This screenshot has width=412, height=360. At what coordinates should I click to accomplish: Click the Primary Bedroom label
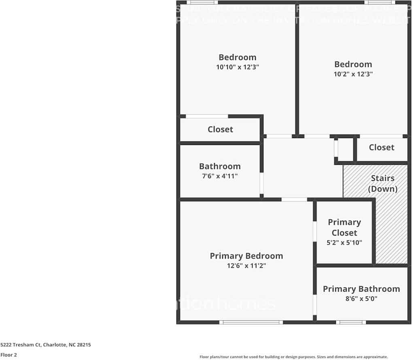pos(246,256)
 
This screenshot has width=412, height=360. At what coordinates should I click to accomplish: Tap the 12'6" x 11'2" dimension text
pos(246,266)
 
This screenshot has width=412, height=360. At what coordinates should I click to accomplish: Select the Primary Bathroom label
pos(361,289)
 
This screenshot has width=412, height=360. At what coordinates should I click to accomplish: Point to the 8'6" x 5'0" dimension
pos(361,299)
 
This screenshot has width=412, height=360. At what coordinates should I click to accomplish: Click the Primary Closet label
pos(344,228)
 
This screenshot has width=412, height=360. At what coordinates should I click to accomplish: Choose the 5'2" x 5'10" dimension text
pos(344,243)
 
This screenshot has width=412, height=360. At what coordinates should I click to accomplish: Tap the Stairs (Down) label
pos(382,183)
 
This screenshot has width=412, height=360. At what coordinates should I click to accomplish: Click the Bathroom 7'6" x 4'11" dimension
pos(220,176)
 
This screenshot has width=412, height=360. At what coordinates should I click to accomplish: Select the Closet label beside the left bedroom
pos(220,129)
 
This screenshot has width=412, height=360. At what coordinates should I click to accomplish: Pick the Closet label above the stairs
pos(381,147)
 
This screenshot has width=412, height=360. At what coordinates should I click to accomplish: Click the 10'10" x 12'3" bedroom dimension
pos(237,67)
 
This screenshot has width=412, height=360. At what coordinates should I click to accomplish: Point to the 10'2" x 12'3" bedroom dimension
pos(353,74)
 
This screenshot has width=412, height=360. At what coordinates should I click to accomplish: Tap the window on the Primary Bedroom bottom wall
pos(251,322)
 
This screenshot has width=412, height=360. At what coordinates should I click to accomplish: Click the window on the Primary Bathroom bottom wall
pos(350,322)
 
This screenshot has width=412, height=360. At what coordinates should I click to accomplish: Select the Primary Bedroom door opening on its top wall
pos(294,199)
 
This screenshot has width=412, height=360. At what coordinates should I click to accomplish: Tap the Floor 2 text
pos(8,355)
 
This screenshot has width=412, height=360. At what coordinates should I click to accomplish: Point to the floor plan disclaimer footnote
pos(293,357)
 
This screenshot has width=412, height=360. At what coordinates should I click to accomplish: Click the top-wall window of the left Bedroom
pos(202,2)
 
